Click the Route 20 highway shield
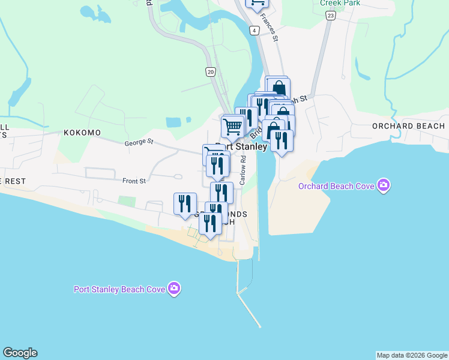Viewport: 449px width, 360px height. tap(209, 71)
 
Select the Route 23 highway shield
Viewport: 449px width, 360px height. tap(330, 16)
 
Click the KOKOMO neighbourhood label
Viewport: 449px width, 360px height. tap(82, 132)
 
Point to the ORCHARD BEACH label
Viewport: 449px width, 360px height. tap(408, 126)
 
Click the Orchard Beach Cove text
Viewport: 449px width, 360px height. tap(336, 186)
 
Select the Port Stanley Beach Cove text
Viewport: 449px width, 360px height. tap(119, 289)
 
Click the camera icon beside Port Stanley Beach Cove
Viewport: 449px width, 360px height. tap(174, 289)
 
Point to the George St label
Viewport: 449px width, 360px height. tap(139, 143)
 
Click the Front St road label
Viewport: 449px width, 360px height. tap(134, 181)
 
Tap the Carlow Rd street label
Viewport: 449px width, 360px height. tap(244, 170)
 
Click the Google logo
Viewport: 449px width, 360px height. tap(20, 353)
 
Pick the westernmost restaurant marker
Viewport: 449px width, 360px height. tap(185, 203)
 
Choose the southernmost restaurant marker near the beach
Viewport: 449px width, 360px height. tap(210, 223)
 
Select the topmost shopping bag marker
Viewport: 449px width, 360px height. tap(278, 88)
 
